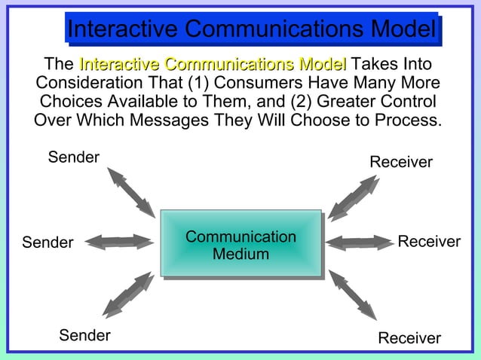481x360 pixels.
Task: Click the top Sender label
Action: pos(74,157)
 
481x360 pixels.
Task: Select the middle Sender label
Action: pos(47,243)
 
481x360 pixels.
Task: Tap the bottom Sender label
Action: pos(85,335)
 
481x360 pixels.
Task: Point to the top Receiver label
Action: pos(401,162)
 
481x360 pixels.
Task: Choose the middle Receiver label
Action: pos(429,242)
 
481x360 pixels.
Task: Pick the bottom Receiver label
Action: pos(409,338)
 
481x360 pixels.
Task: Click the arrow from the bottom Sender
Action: pos(128,294)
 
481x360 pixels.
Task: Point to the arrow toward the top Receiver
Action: pos(353,197)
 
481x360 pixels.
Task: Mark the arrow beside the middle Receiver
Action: pos(360,243)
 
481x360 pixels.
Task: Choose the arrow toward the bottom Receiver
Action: pos(352,293)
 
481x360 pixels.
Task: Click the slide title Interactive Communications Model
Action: pos(251,29)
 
